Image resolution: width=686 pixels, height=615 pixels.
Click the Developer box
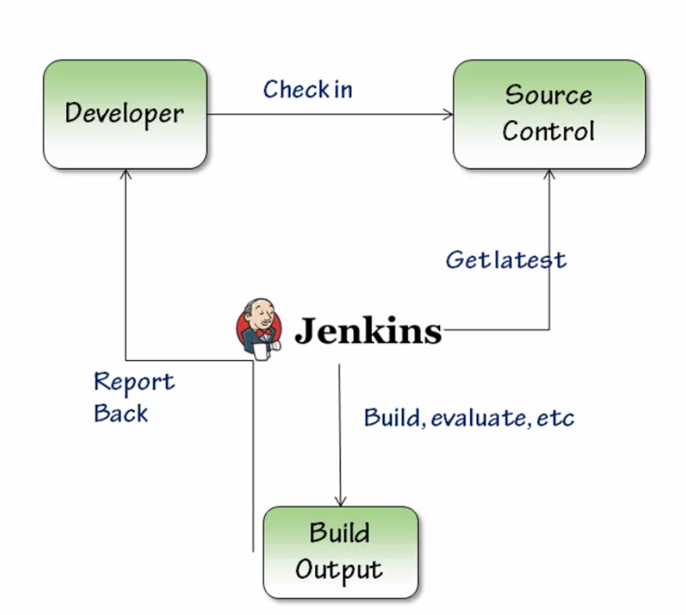[x=125, y=114]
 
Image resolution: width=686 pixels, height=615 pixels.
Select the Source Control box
[x=548, y=114]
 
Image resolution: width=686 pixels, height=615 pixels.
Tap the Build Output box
[x=340, y=552]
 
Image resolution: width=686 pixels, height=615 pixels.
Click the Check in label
[x=308, y=90]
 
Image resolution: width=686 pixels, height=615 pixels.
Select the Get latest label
[x=505, y=259]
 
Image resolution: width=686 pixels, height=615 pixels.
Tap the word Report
[x=134, y=382]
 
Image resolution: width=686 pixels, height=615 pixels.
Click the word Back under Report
[x=121, y=414]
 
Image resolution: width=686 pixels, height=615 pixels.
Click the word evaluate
[x=478, y=418]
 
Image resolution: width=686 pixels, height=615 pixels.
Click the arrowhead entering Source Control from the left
[x=447, y=114]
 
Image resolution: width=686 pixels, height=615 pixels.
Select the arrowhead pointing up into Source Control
[x=549, y=174]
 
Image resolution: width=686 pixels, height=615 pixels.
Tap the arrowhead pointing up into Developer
[x=125, y=174]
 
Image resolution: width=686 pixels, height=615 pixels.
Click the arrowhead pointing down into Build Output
[x=340, y=501]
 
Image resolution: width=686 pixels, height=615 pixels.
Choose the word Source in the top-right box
[x=548, y=95]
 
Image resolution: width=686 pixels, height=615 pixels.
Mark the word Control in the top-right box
[x=548, y=131]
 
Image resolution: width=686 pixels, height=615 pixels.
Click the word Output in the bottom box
[x=339, y=570]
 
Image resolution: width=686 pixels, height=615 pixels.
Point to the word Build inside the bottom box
[x=339, y=533]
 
